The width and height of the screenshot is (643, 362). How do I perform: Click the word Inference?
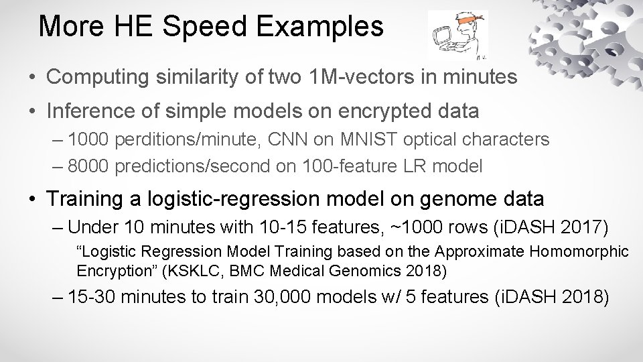coord(86,111)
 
